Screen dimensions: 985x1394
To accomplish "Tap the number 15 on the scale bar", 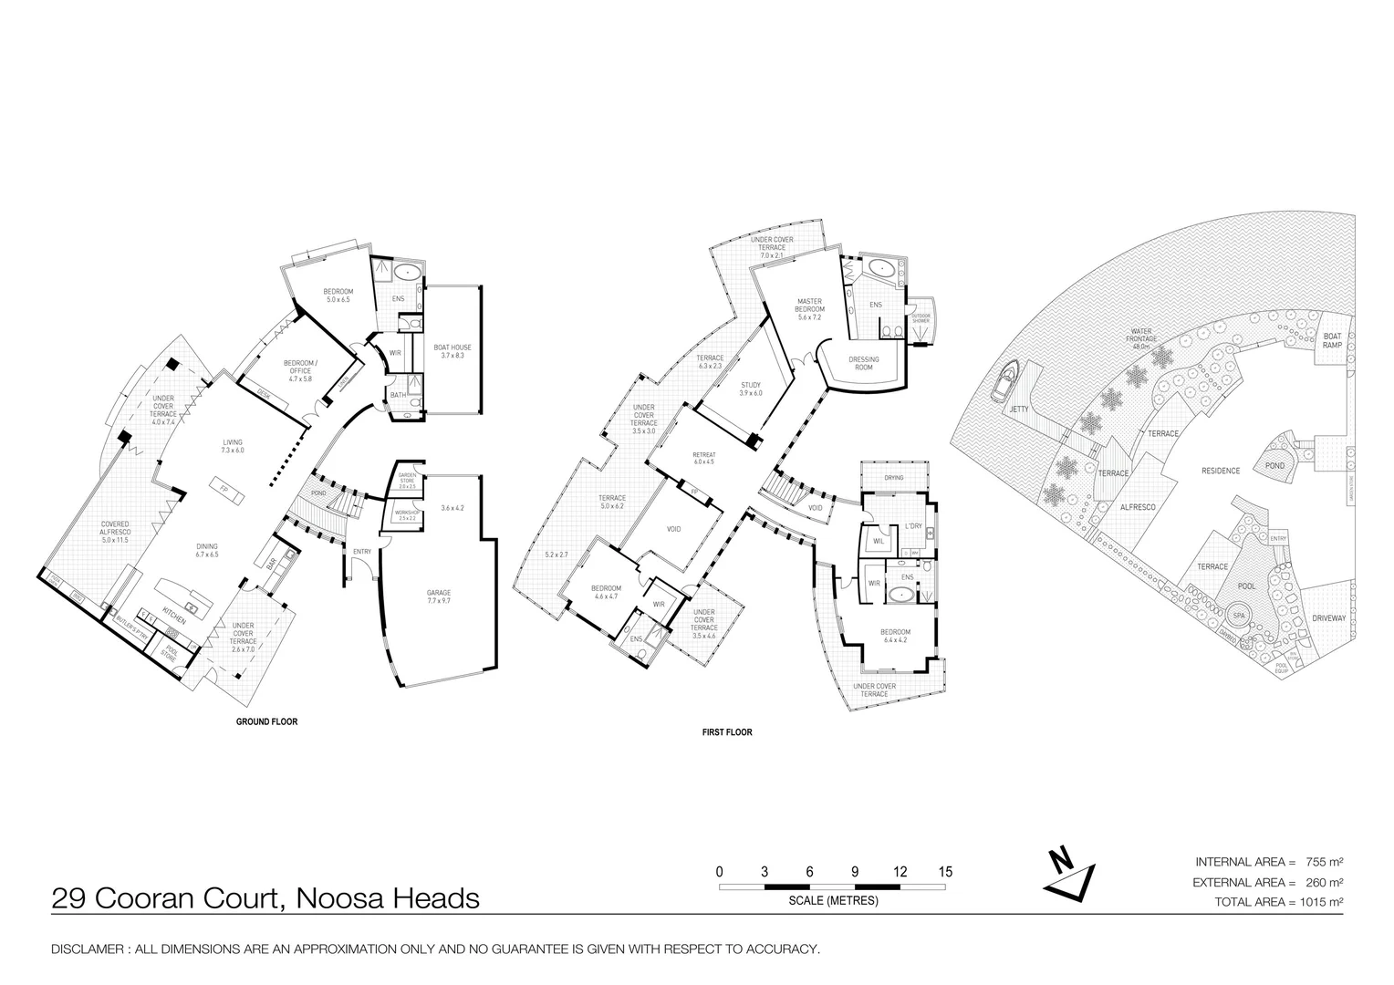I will pyautogui.click(x=945, y=872).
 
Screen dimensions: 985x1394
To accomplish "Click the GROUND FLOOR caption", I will pyautogui.click(x=266, y=721).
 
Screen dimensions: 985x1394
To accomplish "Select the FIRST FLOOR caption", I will pyautogui.click(x=727, y=732).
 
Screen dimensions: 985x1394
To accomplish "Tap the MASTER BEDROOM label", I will pyautogui.click(x=809, y=309).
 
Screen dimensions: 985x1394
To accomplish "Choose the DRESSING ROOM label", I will pyautogui.click(x=863, y=363).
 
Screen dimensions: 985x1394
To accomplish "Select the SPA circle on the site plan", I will pyautogui.click(x=1239, y=614).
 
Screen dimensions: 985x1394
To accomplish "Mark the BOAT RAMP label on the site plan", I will pyautogui.click(x=1332, y=340).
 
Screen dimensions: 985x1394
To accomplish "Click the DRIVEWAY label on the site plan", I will pyautogui.click(x=1328, y=618).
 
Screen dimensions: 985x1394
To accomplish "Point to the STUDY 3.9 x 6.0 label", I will pyautogui.click(x=751, y=389).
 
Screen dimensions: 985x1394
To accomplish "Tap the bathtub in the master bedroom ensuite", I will pyautogui.click(x=880, y=267).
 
